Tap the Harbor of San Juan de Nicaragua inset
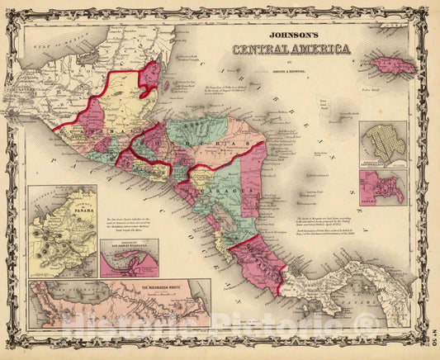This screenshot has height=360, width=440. (x=128, y=258)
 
